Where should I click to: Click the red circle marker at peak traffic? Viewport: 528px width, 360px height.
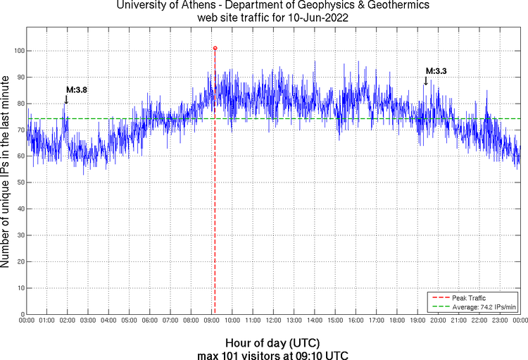215,48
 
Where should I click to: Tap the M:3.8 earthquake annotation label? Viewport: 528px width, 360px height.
77,89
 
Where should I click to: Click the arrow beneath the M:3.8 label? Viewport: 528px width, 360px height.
66,99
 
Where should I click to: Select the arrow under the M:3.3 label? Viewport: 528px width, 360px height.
425,80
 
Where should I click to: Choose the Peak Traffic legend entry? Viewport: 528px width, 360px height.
468,298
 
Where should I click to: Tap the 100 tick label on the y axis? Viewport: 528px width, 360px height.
16,51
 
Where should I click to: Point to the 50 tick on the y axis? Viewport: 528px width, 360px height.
18,182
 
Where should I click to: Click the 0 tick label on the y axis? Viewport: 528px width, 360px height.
21,314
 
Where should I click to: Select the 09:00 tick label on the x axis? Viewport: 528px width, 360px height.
212,321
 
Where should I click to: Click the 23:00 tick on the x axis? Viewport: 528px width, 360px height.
500,321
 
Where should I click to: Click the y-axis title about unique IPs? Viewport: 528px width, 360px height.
6,171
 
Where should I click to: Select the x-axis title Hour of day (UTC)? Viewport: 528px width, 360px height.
272,342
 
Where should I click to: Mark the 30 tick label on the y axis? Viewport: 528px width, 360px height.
18,235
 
